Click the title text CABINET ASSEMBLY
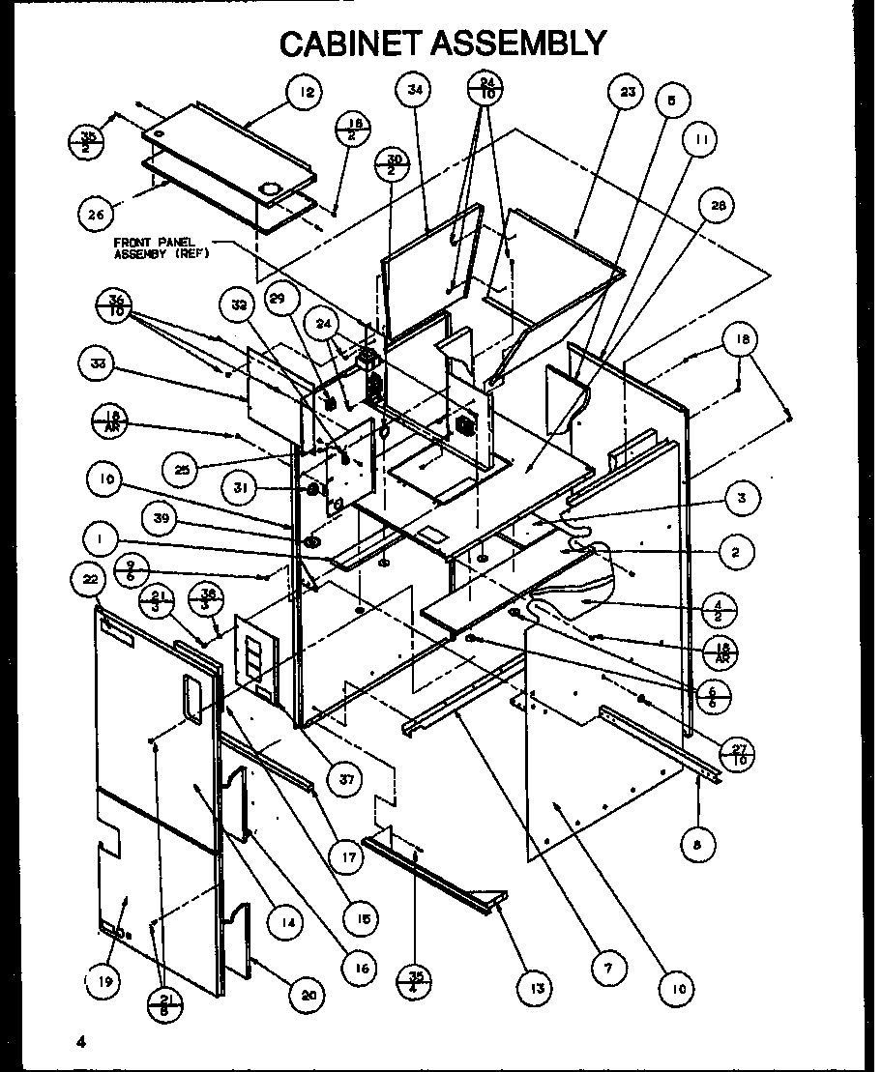pos(442,43)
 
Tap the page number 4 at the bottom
pos(83,1042)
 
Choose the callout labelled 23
pos(627,92)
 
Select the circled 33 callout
pos(98,364)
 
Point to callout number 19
pos(104,982)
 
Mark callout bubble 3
pos(741,500)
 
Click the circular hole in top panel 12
pos(271,187)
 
